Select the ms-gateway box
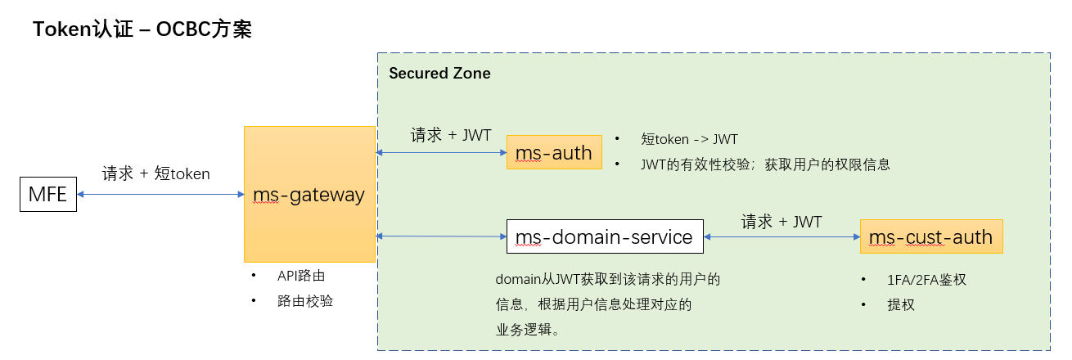coord(309,194)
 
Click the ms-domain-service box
coord(605,237)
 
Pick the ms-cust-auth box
coord(931,237)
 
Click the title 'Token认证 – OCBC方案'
coord(142,30)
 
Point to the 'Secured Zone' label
coord(439,74)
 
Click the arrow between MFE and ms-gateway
coord(160,194)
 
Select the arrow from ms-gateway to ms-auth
coord(440,152)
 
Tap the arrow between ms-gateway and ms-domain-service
coord(440,236)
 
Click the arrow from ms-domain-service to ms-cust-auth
coord(781,236)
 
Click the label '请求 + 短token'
coord(155,173)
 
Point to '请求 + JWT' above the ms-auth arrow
coord(450,135)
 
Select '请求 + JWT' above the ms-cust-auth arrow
coord(781,221)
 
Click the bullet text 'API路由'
coord(302,276)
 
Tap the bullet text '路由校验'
coord(305,301)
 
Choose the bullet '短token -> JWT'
coord(690,139)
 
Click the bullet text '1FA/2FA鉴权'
coord(926,280)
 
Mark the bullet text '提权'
coord(901,305)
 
